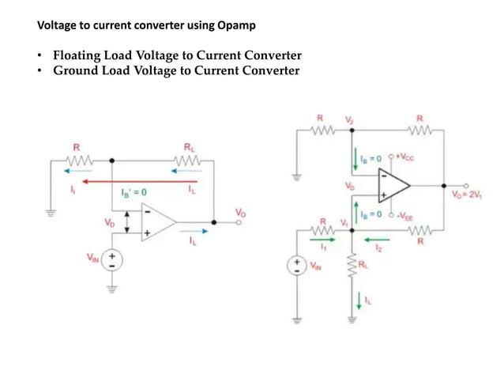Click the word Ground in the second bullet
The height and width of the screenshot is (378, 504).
75,70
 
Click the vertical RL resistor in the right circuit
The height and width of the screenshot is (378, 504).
351,269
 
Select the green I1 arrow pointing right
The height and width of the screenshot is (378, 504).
327,240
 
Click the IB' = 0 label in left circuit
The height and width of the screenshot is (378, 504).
134,192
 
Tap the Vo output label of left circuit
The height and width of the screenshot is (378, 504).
240,212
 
